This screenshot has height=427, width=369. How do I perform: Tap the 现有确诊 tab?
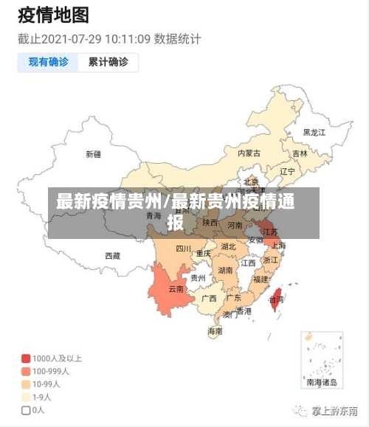49,62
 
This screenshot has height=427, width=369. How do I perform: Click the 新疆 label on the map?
93,154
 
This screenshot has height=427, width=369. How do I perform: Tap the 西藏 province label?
112,256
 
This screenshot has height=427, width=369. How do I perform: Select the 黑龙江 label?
314,133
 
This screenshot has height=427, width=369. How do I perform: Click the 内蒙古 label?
249,153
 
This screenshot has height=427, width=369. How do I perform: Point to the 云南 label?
176,288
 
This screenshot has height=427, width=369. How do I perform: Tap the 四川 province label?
183,249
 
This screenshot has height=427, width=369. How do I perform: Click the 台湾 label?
276,300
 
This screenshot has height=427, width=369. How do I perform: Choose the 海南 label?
215,332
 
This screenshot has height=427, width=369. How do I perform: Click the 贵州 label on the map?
198,278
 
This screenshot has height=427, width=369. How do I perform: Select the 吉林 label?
300,154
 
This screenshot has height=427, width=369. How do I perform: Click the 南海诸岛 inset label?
322,383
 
